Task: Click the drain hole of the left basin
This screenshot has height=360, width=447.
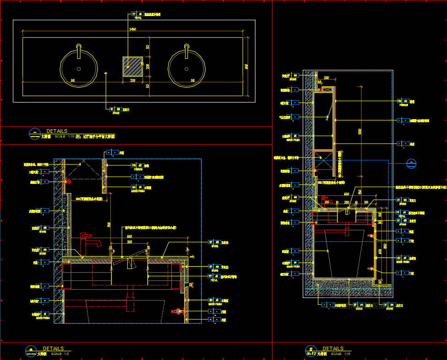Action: [x=79, y=69]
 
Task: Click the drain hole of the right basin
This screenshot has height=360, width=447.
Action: [x=187, y=69]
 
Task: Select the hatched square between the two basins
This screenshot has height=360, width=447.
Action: [x=133, y=66]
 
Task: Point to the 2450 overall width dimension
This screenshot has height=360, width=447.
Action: [x=132, y=30]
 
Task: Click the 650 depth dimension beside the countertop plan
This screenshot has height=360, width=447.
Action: [x=246, y=67]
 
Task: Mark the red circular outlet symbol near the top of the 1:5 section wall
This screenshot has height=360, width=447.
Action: [x=68, y=181]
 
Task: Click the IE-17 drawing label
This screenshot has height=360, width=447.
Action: [x=311, y=354]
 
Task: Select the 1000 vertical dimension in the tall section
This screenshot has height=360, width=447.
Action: [x=359, y=131]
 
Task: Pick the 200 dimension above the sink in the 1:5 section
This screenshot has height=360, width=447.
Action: [x=130, y=242]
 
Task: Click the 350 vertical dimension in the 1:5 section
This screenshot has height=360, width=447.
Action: [x=109, y=224]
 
